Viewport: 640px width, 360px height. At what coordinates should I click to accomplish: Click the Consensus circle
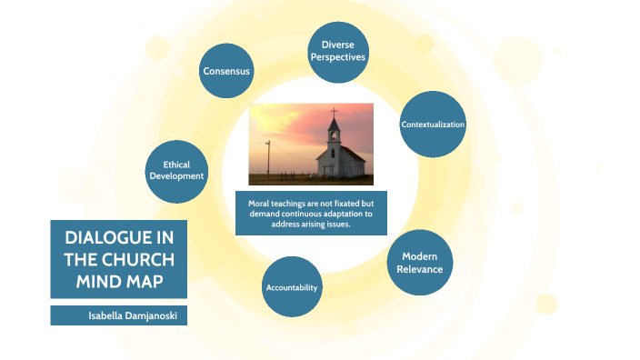[x=226, y=70]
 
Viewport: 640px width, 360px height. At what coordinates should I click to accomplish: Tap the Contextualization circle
[x=433, y=124]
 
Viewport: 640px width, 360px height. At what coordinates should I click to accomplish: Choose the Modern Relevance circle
[x=420, y=263]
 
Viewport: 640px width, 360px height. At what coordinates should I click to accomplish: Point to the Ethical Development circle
[x=176, y=170]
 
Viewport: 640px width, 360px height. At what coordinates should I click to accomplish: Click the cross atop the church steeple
[x=334, y=114]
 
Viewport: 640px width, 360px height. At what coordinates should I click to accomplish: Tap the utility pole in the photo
[x=268, y=160]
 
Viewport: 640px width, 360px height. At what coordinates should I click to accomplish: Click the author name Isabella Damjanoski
[x=119, y=315]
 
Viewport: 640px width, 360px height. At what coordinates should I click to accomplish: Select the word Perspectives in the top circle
[x=337, y=56]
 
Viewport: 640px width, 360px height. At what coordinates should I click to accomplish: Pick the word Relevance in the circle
[x=420, y=269]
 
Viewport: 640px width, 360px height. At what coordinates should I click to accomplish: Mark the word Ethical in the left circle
[x=176, y=165]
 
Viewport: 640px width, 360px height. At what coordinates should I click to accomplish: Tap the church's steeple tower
[x=335, y=136]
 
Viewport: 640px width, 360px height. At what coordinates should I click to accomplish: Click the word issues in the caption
[x=335, y=224]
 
